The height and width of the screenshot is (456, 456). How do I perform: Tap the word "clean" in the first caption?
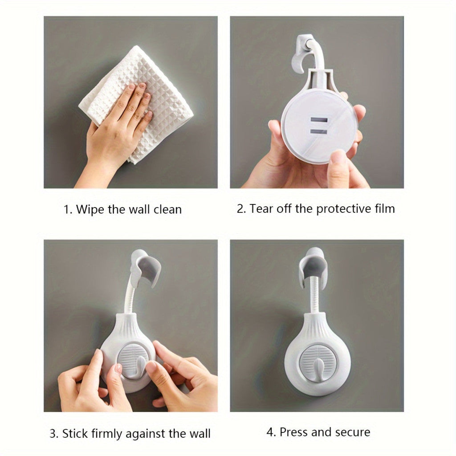point(167,209)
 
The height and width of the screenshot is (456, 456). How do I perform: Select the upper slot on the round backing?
point(319,120)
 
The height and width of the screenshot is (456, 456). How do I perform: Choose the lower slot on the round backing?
point(319,132)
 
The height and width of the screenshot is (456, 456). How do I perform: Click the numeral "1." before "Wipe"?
point(68,210)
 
